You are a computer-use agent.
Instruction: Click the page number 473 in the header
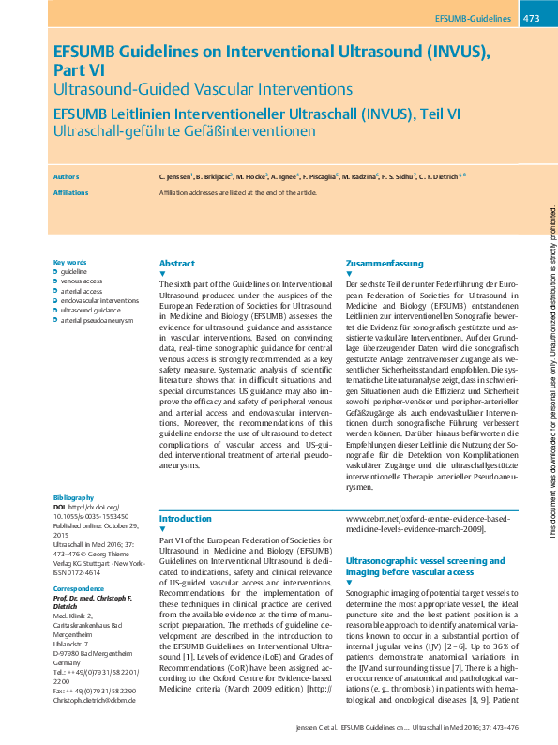click(532, 18)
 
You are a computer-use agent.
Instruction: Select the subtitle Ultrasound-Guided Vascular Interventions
click(203, 90)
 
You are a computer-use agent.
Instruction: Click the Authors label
click(67, 175)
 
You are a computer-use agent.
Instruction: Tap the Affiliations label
click(71, 193)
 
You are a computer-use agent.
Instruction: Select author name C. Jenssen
click(176, 176)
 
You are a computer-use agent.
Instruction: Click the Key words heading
click(70, 263)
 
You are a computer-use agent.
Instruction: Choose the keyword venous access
click(82, 281)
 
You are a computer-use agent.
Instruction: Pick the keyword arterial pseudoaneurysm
click(98, 320)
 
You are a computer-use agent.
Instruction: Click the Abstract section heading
click(177, 264)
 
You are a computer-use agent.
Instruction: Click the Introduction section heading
click(186, 518)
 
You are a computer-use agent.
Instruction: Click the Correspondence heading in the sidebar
click(78, 588)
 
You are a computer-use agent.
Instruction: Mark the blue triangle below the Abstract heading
click(163, 274)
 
